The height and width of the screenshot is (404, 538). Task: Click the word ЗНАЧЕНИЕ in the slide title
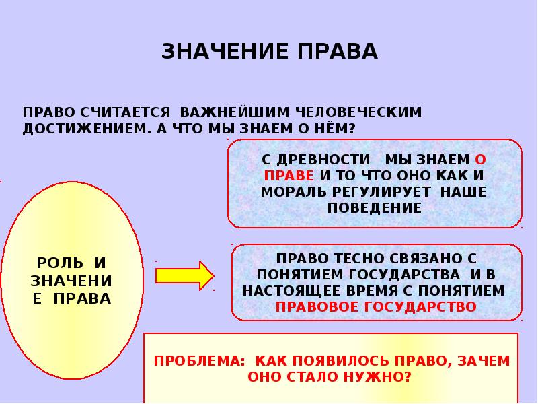click(216, 52)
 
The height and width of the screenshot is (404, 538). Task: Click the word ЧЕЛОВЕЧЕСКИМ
click(350, 112)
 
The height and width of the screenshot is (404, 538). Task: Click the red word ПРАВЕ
click(289, 176)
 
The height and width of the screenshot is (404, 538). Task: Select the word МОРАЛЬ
click(294, 192)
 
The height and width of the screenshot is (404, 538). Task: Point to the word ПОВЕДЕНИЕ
click(375, 208)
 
